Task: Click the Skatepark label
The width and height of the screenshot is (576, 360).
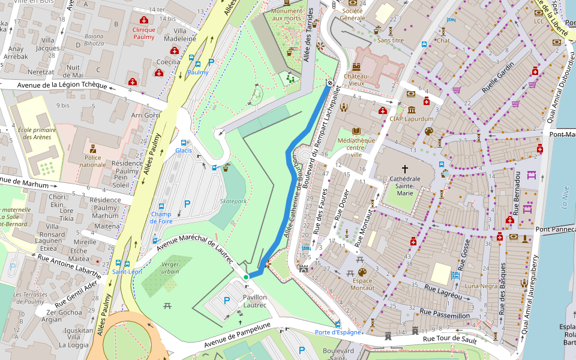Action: click(233, 202)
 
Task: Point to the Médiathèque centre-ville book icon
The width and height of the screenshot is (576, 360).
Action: click(356, 131)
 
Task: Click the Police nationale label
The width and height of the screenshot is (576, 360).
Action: click(92, 161)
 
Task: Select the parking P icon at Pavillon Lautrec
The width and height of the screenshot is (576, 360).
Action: click(226, 301)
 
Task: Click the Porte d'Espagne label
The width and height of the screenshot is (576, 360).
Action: click(338, 332)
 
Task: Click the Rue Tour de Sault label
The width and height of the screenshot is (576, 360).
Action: click(450, 339)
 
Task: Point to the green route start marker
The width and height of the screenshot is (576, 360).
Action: click(246, 277)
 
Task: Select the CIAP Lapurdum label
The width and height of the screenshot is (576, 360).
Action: click(411, 119)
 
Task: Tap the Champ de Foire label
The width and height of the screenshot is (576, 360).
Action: click(161, 217)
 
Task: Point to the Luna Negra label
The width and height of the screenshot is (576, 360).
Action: click(481, 286)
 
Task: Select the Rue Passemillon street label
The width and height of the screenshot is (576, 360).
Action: click(445, 313)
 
